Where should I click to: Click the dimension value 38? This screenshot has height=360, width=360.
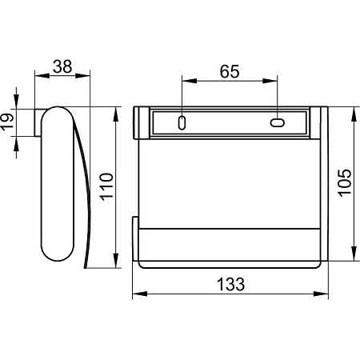[62, 66]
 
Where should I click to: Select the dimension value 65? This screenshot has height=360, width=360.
[230, 71]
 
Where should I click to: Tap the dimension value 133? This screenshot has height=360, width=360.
[230, 284]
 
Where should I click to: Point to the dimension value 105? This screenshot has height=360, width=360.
[345, 183]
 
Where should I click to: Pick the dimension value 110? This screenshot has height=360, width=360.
[106, 186]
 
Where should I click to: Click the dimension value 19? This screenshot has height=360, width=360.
[6, 122]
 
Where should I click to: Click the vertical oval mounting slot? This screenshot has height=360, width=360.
[182, 122]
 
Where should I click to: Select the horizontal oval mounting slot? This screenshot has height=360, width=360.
[278, 122]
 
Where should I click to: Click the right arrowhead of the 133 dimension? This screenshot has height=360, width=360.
[321, 294]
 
